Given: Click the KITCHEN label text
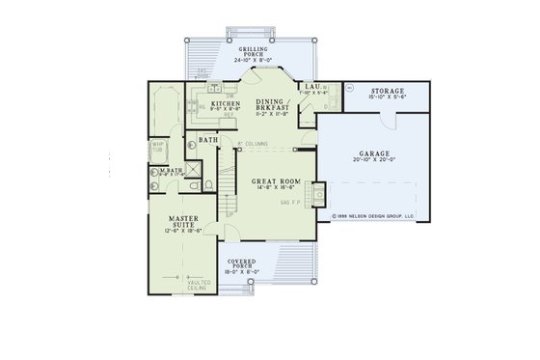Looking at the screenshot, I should coord(212,103).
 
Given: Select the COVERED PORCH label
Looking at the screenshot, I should coord(241,263).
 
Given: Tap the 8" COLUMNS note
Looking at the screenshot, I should coord(252,144).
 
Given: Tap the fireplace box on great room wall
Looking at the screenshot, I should coord(310,198).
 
